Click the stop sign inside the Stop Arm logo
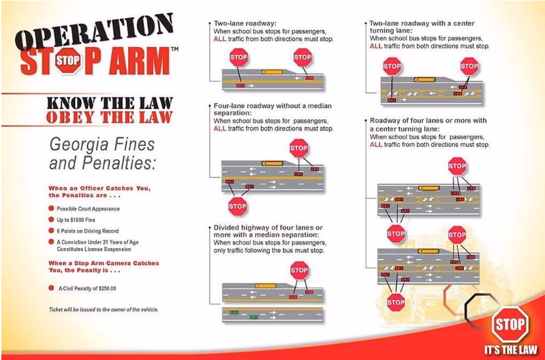[67, 61]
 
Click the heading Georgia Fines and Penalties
[102, 153]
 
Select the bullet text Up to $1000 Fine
[76, 220]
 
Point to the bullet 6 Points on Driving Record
[88, 231]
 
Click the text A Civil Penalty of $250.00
[87, 288]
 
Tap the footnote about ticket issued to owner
[104, 310]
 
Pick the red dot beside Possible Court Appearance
[52, 209]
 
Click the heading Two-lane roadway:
[245, 23]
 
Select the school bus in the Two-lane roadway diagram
[272, 72]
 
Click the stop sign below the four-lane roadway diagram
[237, 206]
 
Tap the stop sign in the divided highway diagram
[299, 270]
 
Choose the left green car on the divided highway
[234, 312]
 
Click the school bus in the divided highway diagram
[266, 286]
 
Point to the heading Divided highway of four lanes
[268, 231]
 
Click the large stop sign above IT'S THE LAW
[510, 325]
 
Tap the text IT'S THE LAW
[510, 350]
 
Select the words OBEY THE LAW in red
[110, 117]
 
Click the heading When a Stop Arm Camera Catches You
[104, 267]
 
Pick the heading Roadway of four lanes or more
[429, 125]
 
